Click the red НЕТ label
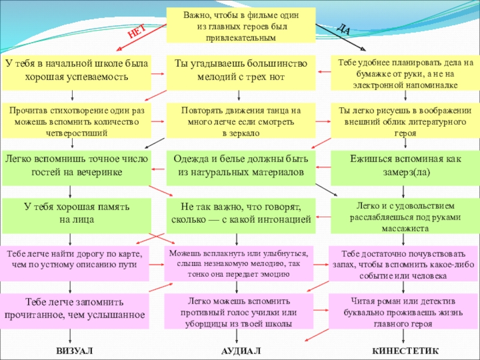click(137, 32)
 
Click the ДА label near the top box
click(343, 28)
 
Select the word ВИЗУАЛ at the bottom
click(74, 351)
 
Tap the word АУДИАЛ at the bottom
click(241, 351)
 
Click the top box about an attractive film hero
click(241, 25)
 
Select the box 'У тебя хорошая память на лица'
click(77, 215)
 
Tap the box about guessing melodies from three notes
click(241, 73)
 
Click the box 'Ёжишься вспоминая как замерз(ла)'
click(406, 168)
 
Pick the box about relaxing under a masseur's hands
click(406, 215)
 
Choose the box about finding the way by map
click(74, 263)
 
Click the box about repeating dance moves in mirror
click(241, 121)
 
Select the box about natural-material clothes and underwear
click(241, 168)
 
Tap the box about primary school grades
click(77, 73)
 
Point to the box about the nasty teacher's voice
click(239, 311)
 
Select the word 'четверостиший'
click(77, 133)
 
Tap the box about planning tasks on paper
click(406, 73)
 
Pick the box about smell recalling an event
click(403, 263)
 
